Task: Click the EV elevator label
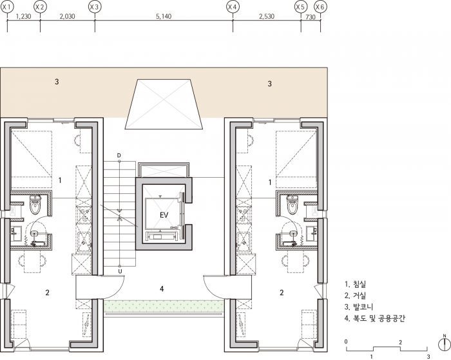pos(164,215)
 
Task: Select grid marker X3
pos(95,7)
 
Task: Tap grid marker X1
pos(7,7)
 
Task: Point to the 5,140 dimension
pos(164,16)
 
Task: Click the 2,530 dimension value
pos(267,16)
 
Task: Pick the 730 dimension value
pos(311,17)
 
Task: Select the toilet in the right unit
pos(293,205)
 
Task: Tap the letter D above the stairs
pos(119,156)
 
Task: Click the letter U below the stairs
pos(120,271)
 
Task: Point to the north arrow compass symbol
pos(445,344)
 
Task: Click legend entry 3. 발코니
pos(359,307)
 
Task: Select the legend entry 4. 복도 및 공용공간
pos(374,318)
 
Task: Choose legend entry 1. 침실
pos(355,285)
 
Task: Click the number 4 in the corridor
pos(162,289)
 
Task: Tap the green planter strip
pos(164,305)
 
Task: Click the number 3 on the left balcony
pos(57,82)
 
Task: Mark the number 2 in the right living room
pos(282,292)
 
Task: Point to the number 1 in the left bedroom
pos(60,180)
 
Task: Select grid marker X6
pos(320,7)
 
